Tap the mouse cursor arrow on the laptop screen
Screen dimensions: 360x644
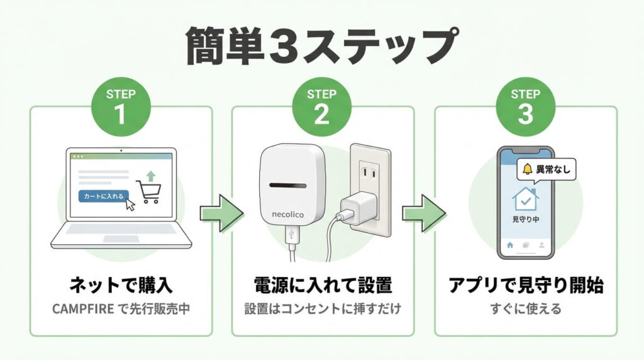click(x=131, y=204)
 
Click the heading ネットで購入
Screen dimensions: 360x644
click(x=121, y=286)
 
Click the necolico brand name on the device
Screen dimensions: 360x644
click(x=288, y=215)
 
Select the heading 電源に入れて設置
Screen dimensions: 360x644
click(x=322, y=286)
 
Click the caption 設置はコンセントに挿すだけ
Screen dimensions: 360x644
click(x=322, y=309)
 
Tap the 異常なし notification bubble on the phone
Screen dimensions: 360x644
click(x=545, y=169)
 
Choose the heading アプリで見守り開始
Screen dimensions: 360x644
click(x=526, y=286)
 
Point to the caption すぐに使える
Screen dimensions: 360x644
click(x=526, y=309)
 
